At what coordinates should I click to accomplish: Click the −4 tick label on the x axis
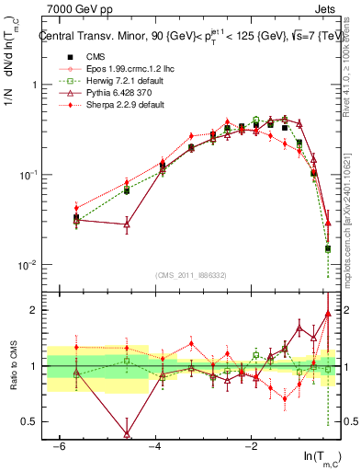(154, 446)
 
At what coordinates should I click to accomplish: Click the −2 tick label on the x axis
(251, 446)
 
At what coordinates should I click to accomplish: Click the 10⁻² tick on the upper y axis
(31, 265)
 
